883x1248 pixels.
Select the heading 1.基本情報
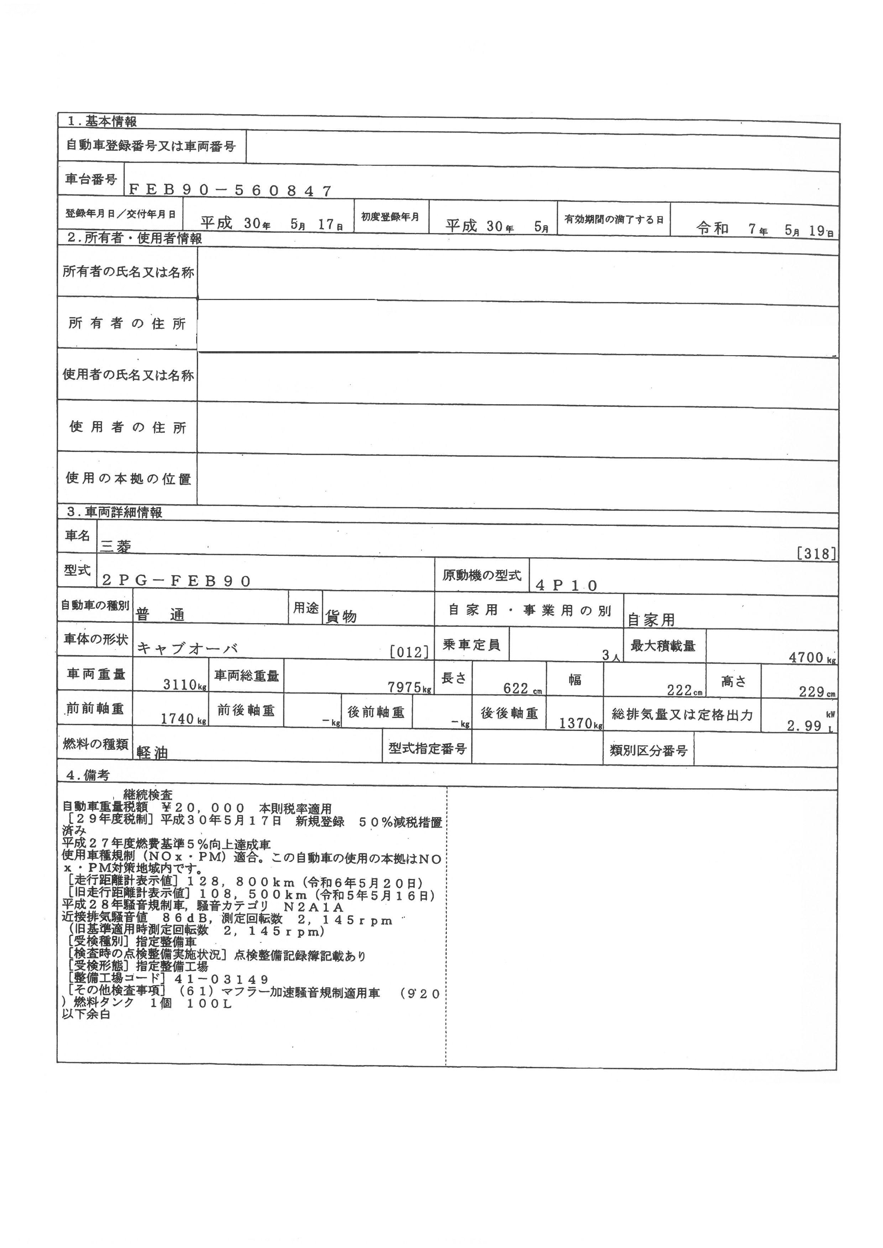click(x=102, y=122)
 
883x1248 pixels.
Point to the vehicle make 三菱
click(x=116, y=546)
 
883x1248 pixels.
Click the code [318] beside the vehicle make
click(x=816, y=554)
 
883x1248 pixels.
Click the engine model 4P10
click(x=566, y=585)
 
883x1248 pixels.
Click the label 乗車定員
click(x=471, y=645)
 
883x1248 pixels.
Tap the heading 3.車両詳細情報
click(x=115, y=512)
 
